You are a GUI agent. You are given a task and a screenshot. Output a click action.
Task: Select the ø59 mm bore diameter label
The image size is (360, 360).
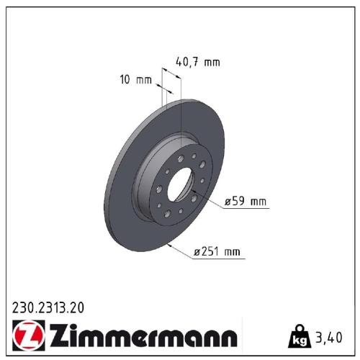click(246, 202)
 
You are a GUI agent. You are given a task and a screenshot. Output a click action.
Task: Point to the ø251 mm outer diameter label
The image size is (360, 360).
click(218, 251)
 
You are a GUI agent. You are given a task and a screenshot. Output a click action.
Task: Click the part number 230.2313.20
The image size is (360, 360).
click(48, 307)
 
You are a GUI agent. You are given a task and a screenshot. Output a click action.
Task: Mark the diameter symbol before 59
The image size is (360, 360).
click(228, 202)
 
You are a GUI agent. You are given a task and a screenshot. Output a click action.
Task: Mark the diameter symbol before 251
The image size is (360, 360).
click(197, 251)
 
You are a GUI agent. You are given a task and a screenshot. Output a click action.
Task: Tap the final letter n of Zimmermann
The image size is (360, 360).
click(228, 337)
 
